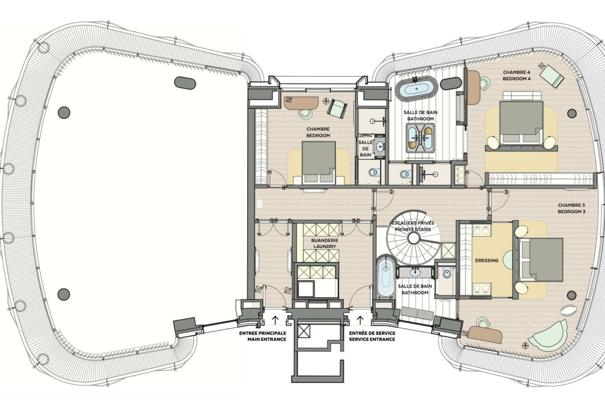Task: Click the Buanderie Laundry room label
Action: tap(325, 243)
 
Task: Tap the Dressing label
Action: tap(487, 261)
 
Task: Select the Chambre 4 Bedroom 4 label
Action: tap(517, 76)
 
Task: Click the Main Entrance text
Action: tap(267, 339)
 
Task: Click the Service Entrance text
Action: tap(372, 339)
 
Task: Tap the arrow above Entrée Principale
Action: tap(275, 320)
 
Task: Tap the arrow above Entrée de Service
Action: tap(360, 320)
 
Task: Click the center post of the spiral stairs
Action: tap(413, 238)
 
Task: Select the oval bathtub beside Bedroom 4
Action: tap(417, 89)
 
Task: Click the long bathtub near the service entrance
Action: tap(385, 277)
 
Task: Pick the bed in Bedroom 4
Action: tap(521, 121)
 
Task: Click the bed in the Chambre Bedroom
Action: tap(319, 162)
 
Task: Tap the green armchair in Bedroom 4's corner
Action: tap(552, 75)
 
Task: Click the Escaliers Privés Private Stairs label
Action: tap(413, 226)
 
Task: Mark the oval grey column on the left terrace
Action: tap(185, 83)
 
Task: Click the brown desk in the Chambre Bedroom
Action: tap(301, 102)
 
